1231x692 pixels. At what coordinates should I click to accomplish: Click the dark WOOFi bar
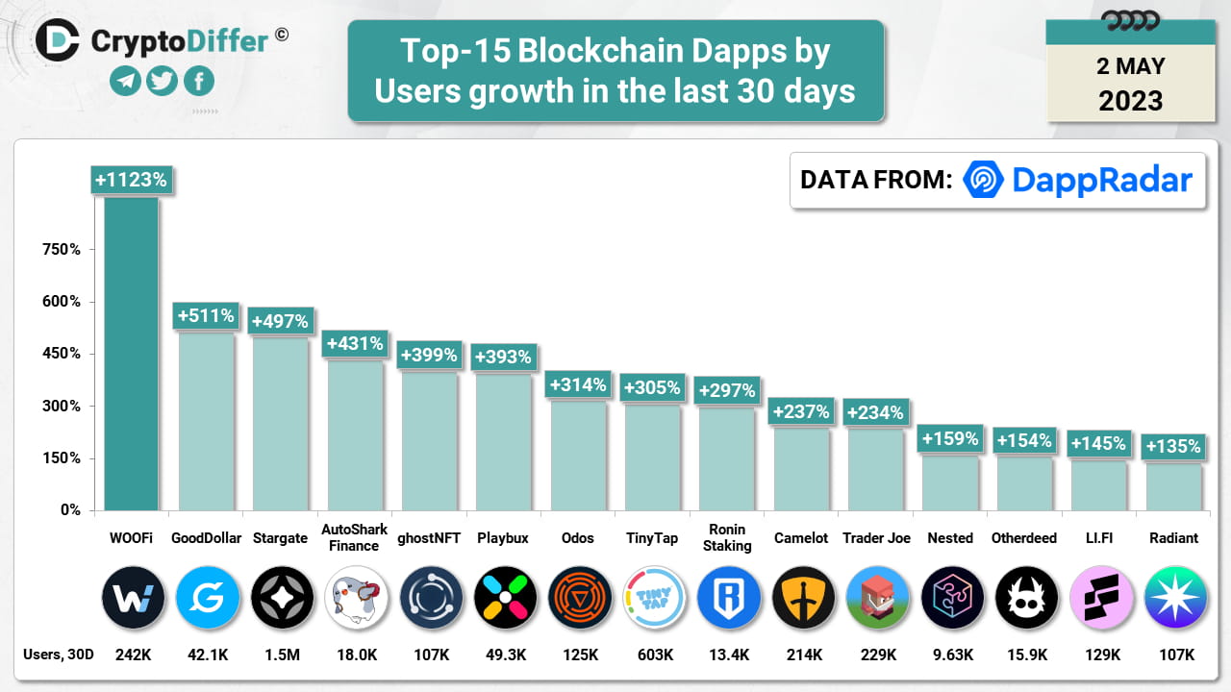[132, 356]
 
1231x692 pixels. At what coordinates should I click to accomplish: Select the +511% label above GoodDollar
[205, 315]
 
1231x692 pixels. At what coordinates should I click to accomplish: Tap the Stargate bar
[280, 423]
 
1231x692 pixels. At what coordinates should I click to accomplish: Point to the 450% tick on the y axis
[62, 354]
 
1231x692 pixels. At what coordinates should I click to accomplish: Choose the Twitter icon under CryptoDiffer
[162, 82]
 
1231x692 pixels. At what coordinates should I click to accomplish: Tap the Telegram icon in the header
[125, 82]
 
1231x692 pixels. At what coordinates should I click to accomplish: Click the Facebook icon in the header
[198, 82]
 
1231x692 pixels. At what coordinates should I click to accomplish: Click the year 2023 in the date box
[1130, 101]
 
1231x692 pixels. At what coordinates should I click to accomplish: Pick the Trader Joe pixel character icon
[877, 598]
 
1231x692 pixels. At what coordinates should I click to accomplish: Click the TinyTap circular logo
[653, 598]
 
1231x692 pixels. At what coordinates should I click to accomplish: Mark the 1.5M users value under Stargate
[280, 655]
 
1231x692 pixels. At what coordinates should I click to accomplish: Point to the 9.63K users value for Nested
[951, 655]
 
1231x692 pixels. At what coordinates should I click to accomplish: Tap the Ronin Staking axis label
[727, 538]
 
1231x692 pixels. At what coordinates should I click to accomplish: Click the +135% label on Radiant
[1172, 446]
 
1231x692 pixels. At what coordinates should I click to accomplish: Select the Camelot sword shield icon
[802, 598]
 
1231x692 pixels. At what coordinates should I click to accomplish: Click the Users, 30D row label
[58, 655]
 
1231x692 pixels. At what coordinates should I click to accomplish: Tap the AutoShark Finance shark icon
[356, 598]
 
